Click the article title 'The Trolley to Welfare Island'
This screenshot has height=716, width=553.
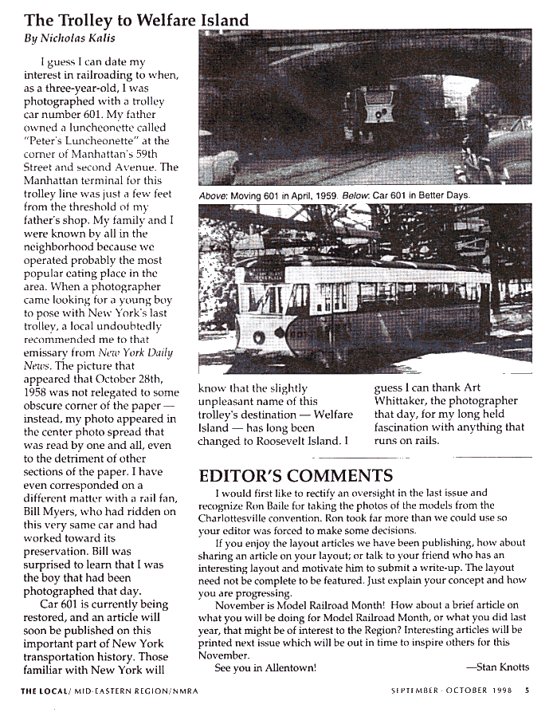[135, 20]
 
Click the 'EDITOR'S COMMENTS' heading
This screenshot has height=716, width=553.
[295, 477]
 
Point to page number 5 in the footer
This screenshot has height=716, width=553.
[527, 690]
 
